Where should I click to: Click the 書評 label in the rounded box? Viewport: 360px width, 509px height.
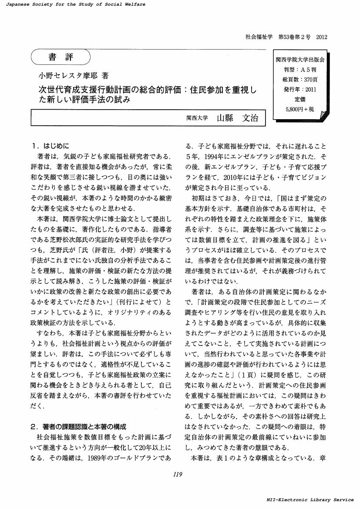61,57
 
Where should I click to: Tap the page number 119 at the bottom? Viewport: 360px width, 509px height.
177,475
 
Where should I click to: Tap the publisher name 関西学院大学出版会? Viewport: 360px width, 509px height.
300,60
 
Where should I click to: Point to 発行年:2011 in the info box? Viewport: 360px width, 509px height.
300,89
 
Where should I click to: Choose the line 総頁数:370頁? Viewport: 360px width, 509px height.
300,79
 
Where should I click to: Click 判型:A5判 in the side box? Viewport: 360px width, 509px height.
300,70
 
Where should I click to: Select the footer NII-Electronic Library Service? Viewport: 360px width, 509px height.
310,500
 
